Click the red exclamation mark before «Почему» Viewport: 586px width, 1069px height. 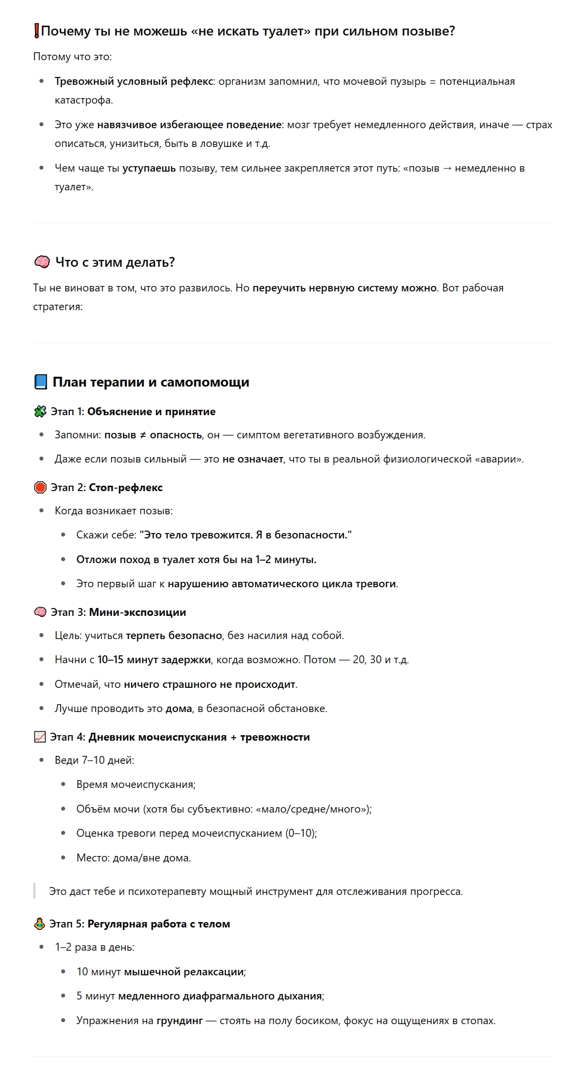point(37,32)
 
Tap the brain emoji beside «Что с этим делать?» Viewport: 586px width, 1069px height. point(42,262)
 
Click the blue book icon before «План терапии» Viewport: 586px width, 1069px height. point(40,382)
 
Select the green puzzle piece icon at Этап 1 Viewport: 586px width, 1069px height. point(40,412)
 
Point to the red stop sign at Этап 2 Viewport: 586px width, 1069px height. point(40,488)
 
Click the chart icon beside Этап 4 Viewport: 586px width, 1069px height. point(39,737)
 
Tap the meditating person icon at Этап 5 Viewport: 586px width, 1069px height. point(39,924)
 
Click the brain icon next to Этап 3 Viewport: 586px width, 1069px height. point(40,612)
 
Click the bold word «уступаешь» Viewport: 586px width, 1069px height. point(149,169)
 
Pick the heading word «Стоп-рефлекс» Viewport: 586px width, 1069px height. point(125,488)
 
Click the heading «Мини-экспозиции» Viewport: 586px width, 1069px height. point(137,612)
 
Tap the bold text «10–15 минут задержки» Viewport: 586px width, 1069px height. point(154,660)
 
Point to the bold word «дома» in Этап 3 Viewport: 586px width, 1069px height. point(179,709)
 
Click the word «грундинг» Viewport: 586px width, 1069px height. point(180,1021)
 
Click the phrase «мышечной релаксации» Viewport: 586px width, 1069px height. point(184,972)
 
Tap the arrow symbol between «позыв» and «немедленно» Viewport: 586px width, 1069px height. point(447,169)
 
